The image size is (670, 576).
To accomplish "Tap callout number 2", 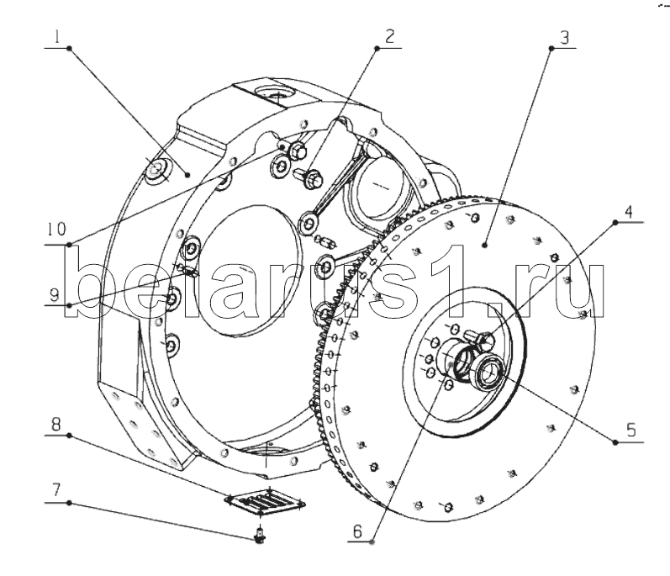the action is (389, 36).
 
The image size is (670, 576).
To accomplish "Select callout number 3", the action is (564, 37).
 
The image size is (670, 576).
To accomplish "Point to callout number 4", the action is (628, 212).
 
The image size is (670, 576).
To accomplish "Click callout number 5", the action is (631, 429).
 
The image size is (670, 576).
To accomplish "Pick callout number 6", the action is (357, 531).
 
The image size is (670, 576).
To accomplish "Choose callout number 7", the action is (56, 490).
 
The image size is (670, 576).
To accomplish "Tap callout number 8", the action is (56, 425).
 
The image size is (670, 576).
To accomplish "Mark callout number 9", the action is (54, 295).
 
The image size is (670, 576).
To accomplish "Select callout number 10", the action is (56, 229).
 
